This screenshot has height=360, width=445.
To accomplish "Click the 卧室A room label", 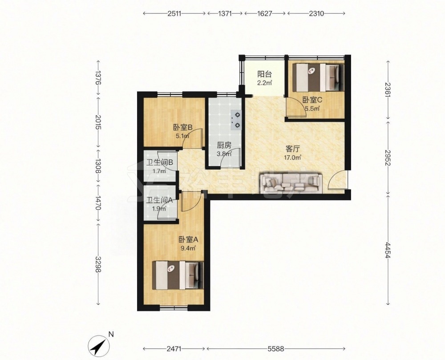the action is tap(188, 240).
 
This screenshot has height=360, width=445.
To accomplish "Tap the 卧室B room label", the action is tap(183, 128).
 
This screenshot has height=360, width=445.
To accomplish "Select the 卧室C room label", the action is tap(312, 100).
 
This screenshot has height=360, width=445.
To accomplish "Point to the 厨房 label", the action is tap(224, 146).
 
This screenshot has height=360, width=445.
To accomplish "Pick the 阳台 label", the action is tap(264, 74).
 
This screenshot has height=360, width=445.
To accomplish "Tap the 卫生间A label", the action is tap(159, 200).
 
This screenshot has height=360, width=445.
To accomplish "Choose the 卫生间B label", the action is tap(159, 163).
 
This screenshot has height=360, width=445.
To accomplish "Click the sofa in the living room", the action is tap(291, 183).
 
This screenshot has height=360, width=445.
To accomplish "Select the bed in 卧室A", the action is tap(178, 275).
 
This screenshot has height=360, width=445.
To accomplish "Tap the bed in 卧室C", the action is tap(318, 77).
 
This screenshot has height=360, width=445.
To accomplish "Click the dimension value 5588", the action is tap(275, 349).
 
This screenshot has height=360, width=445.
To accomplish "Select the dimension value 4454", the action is tap(388, 249).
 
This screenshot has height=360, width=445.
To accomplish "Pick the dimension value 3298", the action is tap(98, 264).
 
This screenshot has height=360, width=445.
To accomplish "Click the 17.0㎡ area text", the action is tap(293, 158).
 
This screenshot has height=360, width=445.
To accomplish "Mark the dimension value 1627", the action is tap(265, 13).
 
